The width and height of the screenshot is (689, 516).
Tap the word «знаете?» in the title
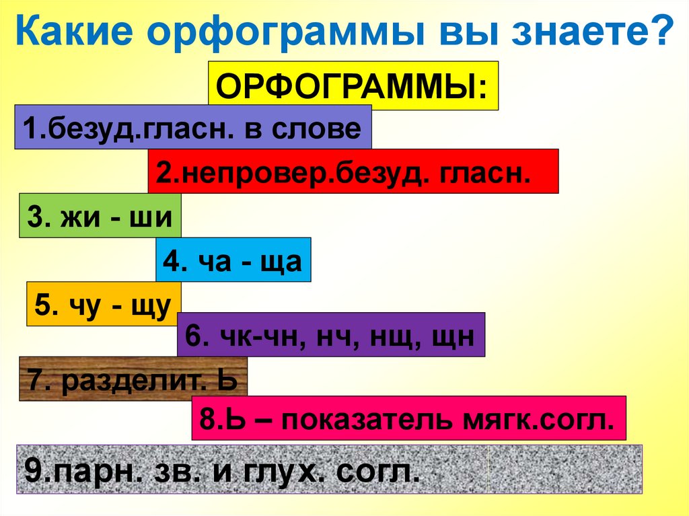593,31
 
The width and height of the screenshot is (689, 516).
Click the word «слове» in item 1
316,128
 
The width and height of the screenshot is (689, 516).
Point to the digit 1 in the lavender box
30,128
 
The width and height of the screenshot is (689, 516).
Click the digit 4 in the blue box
171,261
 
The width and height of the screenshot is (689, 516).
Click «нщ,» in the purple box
392,337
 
